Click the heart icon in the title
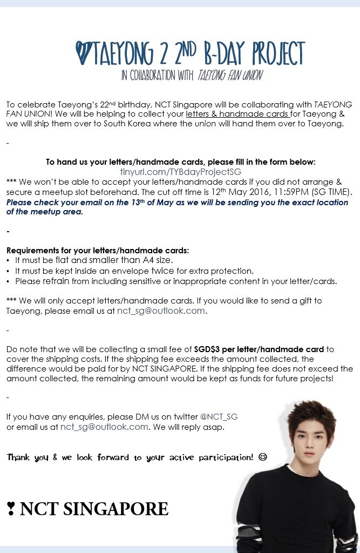click(85, 53)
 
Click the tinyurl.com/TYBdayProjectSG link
click(180, 172)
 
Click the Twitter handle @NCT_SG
click(219, 417)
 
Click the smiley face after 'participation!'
click(263, 457)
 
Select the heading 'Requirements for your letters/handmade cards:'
click(98, 251)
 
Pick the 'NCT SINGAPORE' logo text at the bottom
click(94, 509)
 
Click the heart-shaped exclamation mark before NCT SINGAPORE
click(10, 509)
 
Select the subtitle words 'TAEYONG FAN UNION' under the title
click(229, 76)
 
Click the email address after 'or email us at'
click(104, 427)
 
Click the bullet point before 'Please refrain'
click(9, 281)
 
